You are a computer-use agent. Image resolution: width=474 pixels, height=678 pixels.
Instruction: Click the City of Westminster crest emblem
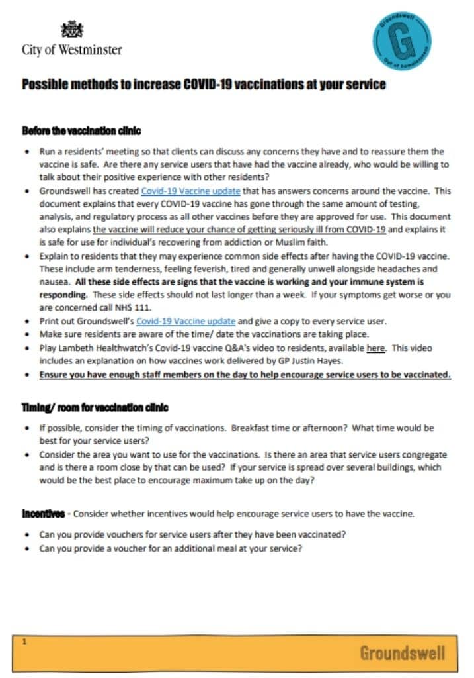pyautogui.click(x=72, y=29)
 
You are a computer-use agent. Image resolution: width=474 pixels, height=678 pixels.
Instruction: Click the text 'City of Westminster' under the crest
pyautogui.click(x=72, y=49)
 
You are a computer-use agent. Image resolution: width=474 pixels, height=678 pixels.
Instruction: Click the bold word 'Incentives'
pyautogui.click(x=43, y=514)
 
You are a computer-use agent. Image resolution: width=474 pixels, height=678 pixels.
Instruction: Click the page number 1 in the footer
pyautogui.click(x=24, y=642)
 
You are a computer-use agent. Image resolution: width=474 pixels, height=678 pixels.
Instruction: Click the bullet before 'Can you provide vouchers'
pyautogui.click(x=25, y=534)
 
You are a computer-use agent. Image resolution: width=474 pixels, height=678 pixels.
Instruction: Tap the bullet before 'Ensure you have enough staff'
pyautogui.click(x=25, y=375)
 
